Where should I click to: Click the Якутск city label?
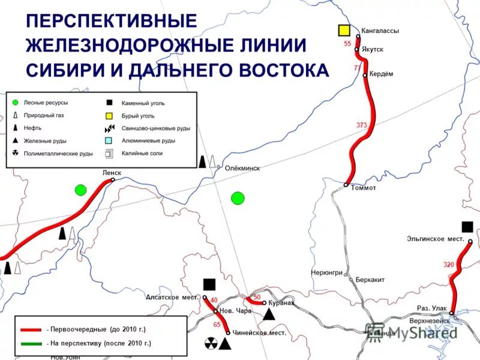(372, 49)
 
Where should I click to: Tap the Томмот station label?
(364, 188)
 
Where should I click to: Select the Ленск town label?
(112, 173)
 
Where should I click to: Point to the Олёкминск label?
(242, 168)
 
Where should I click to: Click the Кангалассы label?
(380, 31)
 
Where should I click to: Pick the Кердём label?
(382, 74)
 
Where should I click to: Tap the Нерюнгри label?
(326, 272)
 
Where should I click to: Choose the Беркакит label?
(370, 280)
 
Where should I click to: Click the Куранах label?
(281, 303)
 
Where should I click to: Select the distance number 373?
(361, 125)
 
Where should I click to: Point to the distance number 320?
(449, 265)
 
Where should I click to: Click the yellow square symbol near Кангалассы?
(344, 30)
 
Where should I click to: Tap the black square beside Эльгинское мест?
(467, 226)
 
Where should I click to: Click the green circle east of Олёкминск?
(238, 197)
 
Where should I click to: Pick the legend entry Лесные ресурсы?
(46, 103)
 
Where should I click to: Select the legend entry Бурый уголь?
(138, 116)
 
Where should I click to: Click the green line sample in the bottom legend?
(30, 343)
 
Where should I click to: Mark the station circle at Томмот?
(346, 185)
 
